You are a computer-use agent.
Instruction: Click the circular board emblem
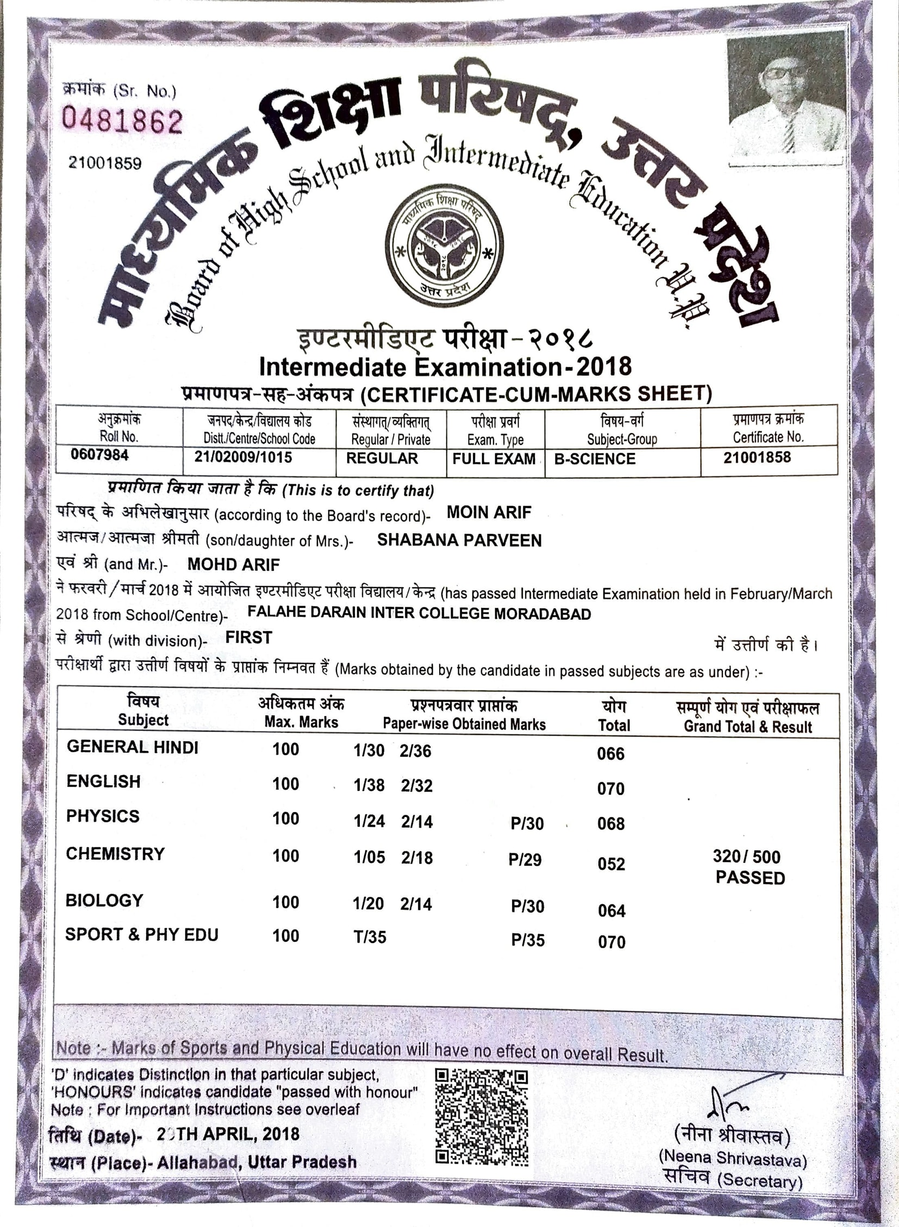(444, 246)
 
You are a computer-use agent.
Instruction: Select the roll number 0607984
(99, 455)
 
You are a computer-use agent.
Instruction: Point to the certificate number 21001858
(757, 457)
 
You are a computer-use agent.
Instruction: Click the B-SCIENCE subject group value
(594, 459)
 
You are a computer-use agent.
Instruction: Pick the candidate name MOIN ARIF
(489, 512)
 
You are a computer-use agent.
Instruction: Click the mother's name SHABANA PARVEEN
(459, 540)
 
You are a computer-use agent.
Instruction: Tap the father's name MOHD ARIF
(234, 564)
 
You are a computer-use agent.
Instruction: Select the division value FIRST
(249, 638)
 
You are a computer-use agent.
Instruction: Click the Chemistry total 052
(611, 864)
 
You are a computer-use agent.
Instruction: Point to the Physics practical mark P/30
(527, 824)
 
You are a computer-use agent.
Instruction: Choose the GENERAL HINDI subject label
(132, 747)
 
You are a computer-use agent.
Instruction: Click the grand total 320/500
(747, 857)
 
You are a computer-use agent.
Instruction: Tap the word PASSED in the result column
(750, 878)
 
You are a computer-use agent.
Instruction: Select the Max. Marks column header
(301, 722)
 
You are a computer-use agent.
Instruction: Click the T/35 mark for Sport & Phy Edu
(370, 937)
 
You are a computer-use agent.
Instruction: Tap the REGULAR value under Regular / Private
(382, 458)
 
